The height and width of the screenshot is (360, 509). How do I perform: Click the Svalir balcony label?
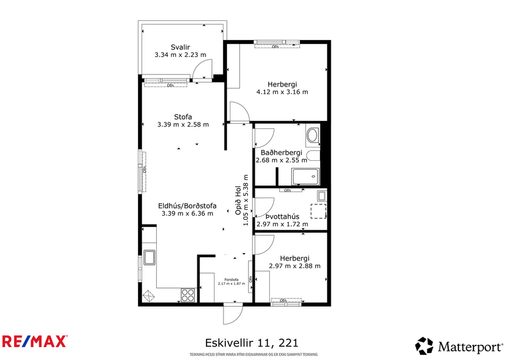[181, 47]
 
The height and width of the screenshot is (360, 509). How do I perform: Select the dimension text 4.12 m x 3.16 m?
[282, 92]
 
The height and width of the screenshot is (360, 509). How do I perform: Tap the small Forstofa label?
[228, 279]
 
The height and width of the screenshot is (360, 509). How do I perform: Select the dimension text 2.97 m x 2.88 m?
[295, 266]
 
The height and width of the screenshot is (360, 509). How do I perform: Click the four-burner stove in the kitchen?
[188, 295]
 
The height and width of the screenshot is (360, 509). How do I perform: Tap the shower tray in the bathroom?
[305, 176]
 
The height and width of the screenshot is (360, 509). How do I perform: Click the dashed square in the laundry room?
[318, 211]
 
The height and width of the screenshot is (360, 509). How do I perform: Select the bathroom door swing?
[261, 137]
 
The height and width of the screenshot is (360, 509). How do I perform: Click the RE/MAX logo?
[35, 341]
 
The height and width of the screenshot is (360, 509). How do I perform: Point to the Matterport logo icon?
[424, 345]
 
